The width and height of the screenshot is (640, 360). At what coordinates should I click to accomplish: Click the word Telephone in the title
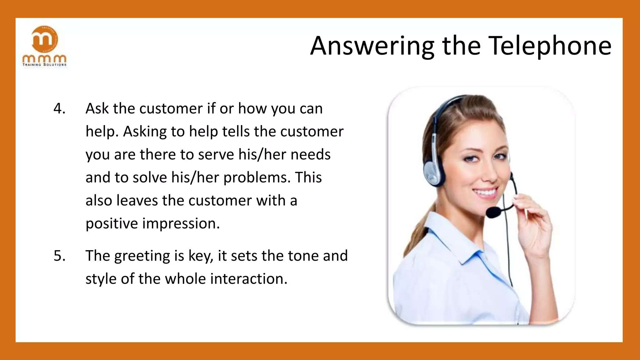[550, 46]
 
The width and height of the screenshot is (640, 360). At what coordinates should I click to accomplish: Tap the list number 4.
[59, 109]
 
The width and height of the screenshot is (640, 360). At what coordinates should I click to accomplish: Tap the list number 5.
[59, 256]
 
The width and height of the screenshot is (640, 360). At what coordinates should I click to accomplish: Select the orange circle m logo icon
[45, 39]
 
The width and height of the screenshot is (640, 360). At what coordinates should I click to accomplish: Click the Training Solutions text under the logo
[44, 65]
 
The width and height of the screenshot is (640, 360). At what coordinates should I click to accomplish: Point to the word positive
[112, 224]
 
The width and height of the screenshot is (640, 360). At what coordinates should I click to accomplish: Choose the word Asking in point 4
[145, 132]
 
